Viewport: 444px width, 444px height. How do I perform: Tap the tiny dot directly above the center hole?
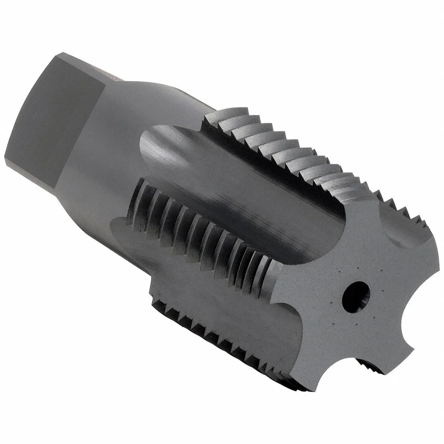click(357, 268)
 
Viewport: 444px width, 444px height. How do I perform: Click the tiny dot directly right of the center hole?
click(382, 291)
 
